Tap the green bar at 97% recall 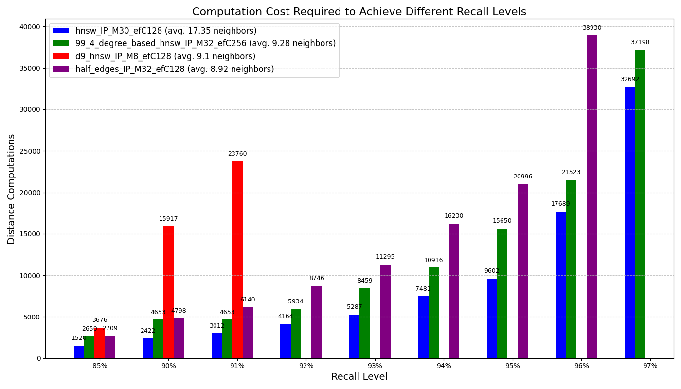[640, 204]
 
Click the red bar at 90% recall [168, 292]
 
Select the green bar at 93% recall [364, 323]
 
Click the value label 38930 [591, 28]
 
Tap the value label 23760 [237, 154]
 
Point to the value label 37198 [640, 43]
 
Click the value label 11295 [385, 257]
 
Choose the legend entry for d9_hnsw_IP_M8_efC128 [165, 56]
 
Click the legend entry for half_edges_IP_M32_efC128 [175, 69]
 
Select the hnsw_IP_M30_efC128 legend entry [166, 31]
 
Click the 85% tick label [100, 366]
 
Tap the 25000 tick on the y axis [29, 151]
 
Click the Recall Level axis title [359, 377]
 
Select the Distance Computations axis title [12, 189]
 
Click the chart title [359, 12]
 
